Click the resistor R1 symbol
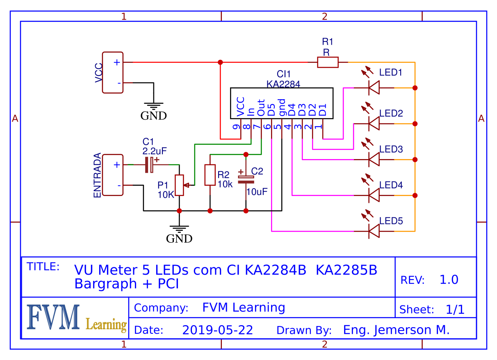click(x=328, y=62)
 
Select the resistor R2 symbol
click(x=210, y=175)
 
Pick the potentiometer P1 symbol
click(x=180, y=185)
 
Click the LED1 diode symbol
click(x=373, y=88)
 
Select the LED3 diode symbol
click(x=373, y=159)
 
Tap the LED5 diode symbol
click(x=373, y=231)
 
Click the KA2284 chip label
click(x=283, y=84)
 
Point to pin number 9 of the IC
click(x=236, y=127)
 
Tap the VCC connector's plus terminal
click(x=117, y=62)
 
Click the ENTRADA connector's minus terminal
click(x=119, y=185)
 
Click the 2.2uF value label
click(x=155, y=150)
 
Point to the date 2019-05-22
click(x=217, y=330)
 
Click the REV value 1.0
click(x=449, y=280)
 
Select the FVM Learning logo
click(x=75, y=318)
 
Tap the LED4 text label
click(x=391, y=185)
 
